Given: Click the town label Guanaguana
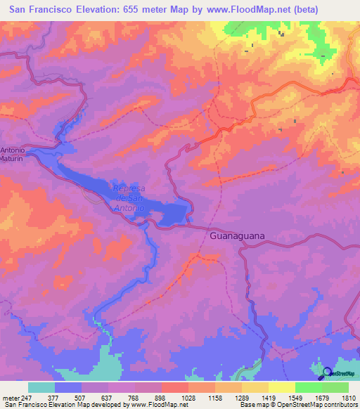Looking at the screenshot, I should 237,236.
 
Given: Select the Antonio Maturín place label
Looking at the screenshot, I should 12,155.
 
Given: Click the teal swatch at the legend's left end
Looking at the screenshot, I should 41,387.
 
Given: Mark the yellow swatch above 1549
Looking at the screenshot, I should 281,387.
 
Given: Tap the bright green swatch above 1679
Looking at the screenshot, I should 308,387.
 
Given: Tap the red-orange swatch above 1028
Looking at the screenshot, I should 174,387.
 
